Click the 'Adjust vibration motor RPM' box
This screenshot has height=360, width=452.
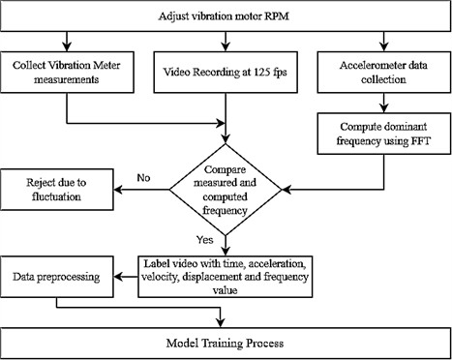point(226,17)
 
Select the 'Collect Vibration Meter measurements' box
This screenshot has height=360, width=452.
point(66,72)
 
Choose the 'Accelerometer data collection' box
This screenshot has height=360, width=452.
point(386,72)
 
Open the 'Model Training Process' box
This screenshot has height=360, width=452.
point(226,342)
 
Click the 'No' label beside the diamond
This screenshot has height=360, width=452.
point(143,178)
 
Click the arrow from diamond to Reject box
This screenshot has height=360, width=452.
point(145,189)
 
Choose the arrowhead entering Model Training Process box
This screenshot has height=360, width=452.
point(226,322)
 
